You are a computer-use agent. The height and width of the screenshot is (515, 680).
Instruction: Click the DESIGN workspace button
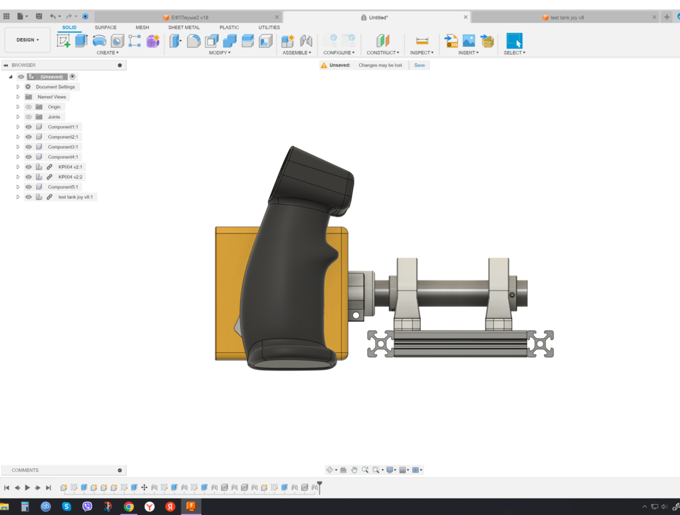(x=27, y=40)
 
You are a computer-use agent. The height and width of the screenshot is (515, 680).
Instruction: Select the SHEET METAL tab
(x=184, y=28)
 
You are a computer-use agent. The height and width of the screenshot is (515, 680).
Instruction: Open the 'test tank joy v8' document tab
(x=566, y=17)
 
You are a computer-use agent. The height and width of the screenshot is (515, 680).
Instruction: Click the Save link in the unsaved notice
(x=420, y=65)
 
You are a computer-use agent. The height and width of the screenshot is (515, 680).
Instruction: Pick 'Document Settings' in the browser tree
(x=55, y=87)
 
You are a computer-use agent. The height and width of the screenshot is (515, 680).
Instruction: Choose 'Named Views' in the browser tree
(x=52, y=97)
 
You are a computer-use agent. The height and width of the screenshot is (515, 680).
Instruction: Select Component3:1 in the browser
(x=63, y=147)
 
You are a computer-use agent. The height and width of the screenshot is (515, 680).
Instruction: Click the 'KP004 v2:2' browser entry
(x=70, y=177)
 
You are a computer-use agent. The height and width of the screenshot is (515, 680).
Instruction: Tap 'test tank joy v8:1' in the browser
(x=75, y=197)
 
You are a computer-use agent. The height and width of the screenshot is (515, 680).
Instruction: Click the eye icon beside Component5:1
(x=29, y=187)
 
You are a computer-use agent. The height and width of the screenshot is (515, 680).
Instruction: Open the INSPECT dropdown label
(x=421, y=52)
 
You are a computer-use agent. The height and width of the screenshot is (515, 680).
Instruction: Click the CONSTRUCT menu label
(x=382, y=52)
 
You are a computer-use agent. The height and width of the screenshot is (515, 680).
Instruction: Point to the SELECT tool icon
(x=514, y=40)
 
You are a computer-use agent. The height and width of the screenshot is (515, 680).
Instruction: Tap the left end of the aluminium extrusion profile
(x=381, y=344)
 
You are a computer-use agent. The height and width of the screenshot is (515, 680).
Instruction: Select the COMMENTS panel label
(x=25, y=470)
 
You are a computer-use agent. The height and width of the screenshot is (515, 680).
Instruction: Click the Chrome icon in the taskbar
(x=129, y=507)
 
